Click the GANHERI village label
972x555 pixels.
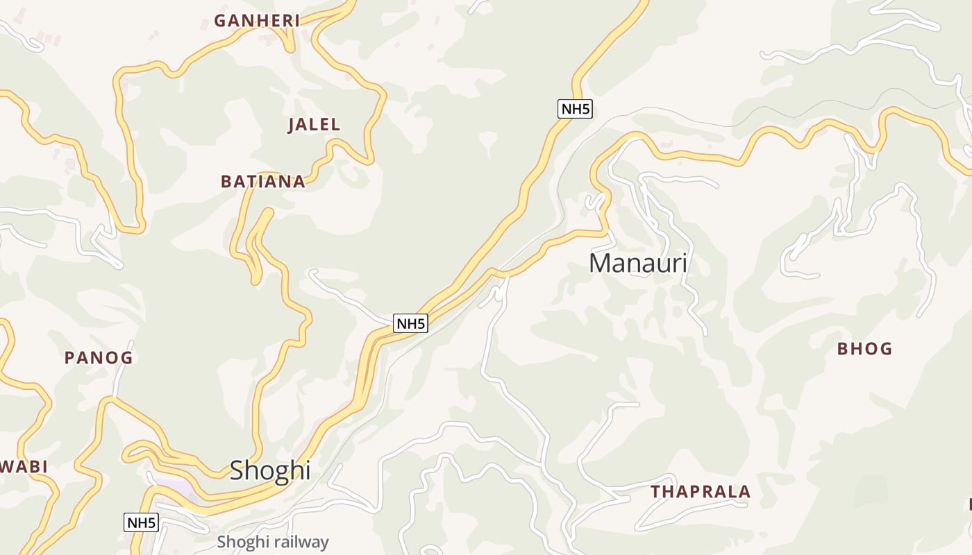(257, 21)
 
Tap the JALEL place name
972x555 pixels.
(314, 125)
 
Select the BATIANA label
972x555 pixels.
(262, 182)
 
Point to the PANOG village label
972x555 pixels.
(98, 358)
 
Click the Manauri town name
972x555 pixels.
(638, 264)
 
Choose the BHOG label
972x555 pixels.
(864, 349)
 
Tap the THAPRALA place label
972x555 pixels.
(701, 492)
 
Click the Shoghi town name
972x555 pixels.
(269, 470)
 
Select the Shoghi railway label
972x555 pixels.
(272, 542)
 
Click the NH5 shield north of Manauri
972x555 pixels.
(575, 109)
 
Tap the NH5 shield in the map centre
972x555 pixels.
(410, 323)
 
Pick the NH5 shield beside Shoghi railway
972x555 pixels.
(141, 522)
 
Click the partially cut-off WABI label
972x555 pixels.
(23, 467)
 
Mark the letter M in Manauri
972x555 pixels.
(600, 264)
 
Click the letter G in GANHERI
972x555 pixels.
(220, 21)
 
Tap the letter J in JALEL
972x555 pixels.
(292, 125)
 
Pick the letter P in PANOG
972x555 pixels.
(69, 358)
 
